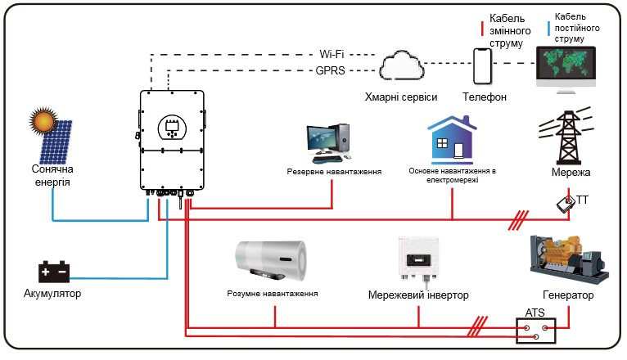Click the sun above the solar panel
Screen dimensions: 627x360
point(43,120)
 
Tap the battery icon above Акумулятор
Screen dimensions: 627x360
point(53,272)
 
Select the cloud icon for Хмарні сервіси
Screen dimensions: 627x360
point(401,65)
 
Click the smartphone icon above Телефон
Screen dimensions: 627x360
point(483,66)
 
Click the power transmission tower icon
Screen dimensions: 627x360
point(567,136)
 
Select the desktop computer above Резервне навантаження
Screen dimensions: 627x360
point(329,142)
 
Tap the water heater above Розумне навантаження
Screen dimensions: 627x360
point(271,260)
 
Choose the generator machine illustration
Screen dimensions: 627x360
point(569,259)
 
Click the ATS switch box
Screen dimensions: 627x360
point(536,331)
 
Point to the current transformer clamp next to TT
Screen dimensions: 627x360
point(566,205)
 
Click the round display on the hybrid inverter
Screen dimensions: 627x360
point(173,128)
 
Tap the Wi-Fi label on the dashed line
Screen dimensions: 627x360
point(332,54)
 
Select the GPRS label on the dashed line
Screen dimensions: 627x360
point(330,70)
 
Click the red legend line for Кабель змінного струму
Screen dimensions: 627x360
point(482,29)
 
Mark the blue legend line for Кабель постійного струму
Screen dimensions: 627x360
point(548,29)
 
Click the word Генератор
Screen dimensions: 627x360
point(568,295)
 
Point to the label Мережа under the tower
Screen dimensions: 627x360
point(571,172)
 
